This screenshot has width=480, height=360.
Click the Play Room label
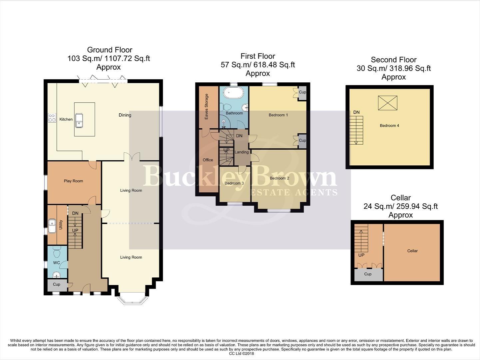tap(73, 181)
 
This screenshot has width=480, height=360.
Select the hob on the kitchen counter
tap(52, 118)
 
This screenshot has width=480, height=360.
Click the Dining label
tap(125, 115)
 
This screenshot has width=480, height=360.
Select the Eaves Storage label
tap(207, 107)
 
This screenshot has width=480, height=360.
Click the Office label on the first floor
tap(208, 160)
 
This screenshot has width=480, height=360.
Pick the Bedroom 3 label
tap(234, 183)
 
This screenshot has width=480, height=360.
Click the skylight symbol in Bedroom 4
tap(388, 103)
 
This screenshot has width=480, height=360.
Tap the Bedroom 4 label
tap(389, 126)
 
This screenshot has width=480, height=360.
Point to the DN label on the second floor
tap(356, 112)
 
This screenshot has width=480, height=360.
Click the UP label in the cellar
tap(361, 255)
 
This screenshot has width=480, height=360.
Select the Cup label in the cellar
tap(368, 274)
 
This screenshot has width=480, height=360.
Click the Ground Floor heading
tap(110, 50)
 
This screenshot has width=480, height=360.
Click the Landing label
tap(241, 152)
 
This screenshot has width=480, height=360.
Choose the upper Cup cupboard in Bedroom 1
tap(302, 92)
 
